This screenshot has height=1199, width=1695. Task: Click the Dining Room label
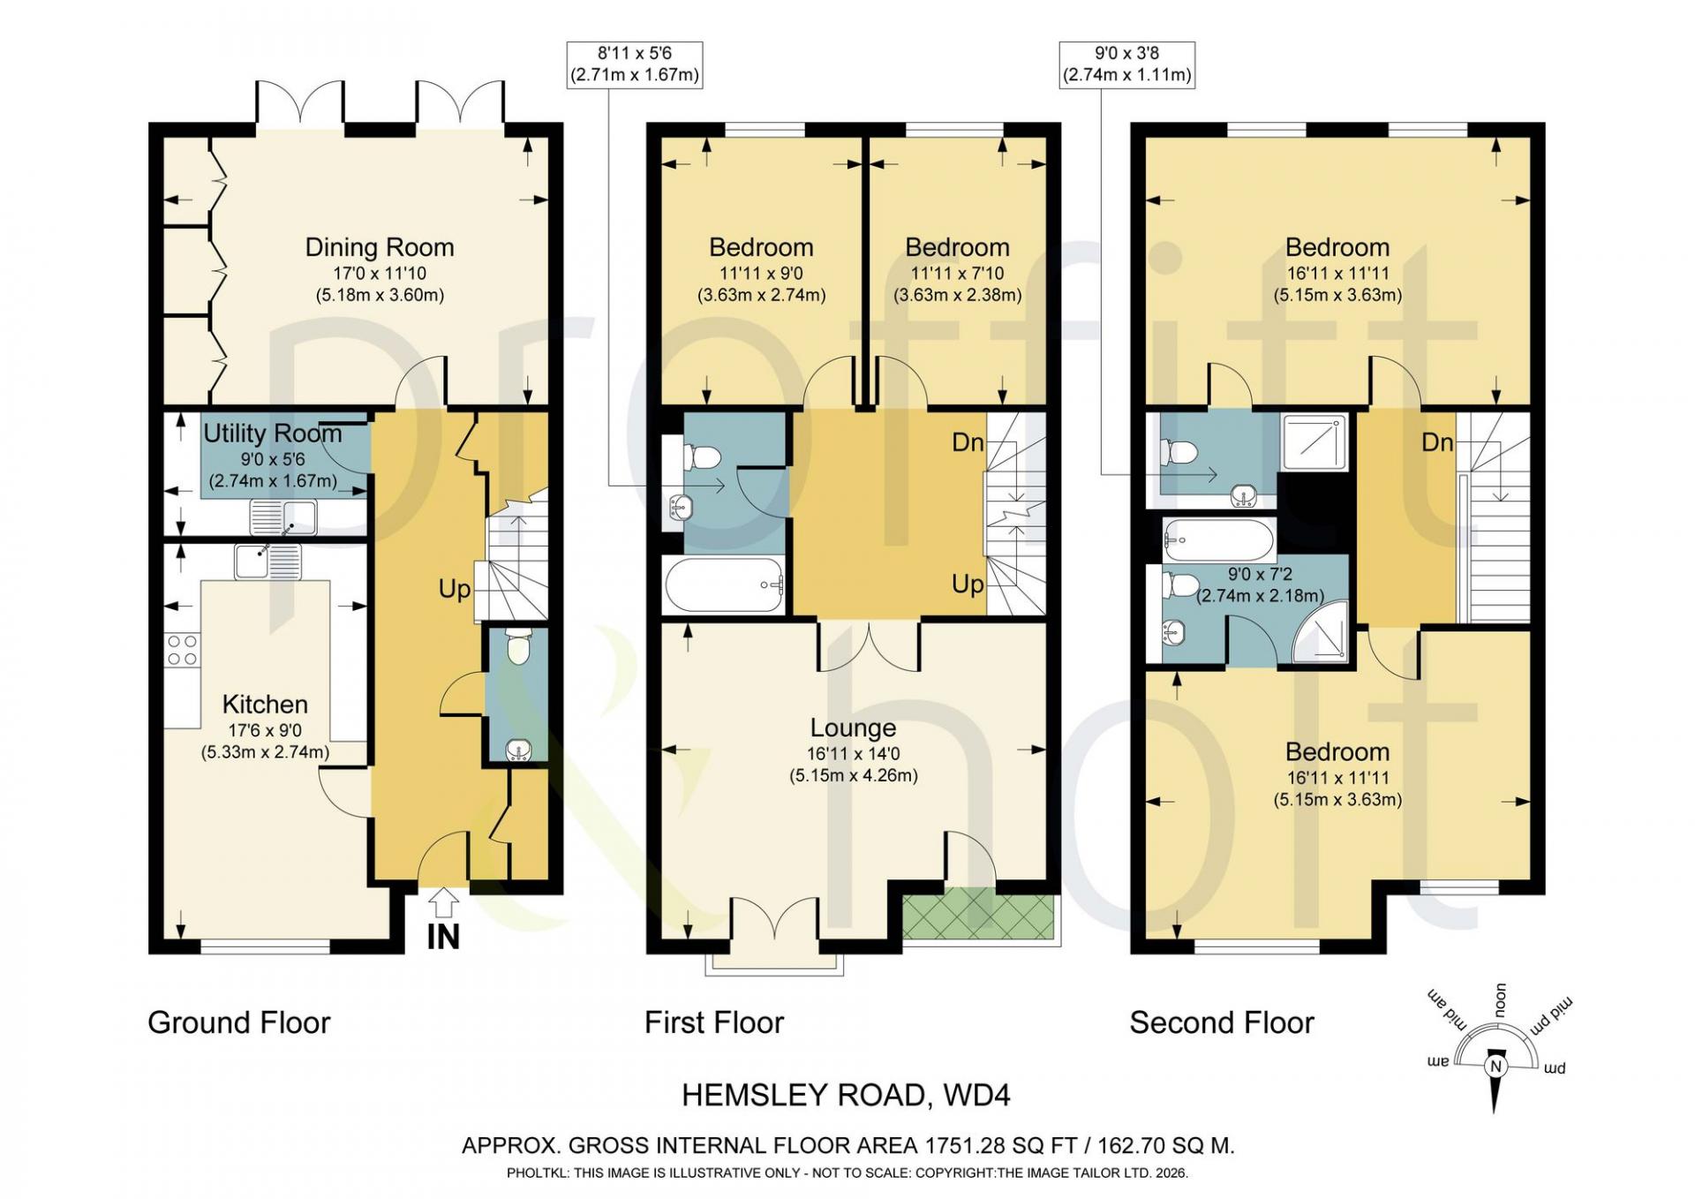[x=380, y=247]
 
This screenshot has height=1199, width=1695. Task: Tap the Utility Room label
[x=273, y=434]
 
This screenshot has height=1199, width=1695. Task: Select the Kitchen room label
[x=265, y=705]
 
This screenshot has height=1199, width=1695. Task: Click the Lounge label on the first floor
[x=853, y=728]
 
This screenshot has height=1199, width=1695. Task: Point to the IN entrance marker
[x=443, y=937]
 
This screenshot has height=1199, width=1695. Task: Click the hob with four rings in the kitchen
[x=182, y=651]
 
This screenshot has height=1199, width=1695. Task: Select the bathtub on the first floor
[x=724, y=584]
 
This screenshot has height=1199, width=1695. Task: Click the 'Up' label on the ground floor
[x=455, y=589]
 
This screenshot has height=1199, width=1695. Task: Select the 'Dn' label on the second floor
[x=1437, y=442]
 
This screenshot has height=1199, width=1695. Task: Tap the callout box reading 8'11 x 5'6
[x=634, y=64]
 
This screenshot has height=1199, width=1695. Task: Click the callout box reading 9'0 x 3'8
[x=1126, y=64]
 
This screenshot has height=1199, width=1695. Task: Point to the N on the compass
[x=1495, y=1067]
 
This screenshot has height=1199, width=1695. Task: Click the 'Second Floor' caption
[x=1222, y=1022]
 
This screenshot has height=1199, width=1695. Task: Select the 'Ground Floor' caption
[x=238, y=1022]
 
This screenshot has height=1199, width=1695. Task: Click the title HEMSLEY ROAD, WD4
[x=846, y=1095]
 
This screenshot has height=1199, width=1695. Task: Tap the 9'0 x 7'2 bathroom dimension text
[x=1260, y=574]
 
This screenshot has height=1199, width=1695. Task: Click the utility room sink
[x=282, y=517]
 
